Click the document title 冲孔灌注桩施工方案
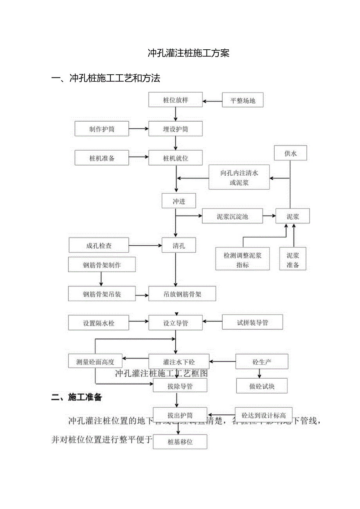[188, 53]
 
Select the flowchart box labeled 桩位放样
[175, 100]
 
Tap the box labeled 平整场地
[243, 100]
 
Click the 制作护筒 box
[102, 129]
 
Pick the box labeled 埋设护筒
[175, 129]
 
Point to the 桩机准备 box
[102, 158]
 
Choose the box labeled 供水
[290, 153]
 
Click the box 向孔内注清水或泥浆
[239, 178]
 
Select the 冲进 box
[179, 201]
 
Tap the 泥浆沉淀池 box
[232, 216]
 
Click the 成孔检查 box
[99, 246]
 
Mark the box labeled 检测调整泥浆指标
[243, 260]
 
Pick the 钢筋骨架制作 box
[102, 265]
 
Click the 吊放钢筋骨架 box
[182, 294]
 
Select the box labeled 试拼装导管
[252, 323]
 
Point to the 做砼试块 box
[262, 386]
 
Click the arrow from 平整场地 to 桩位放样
[212, 101]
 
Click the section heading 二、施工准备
[77, 397]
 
